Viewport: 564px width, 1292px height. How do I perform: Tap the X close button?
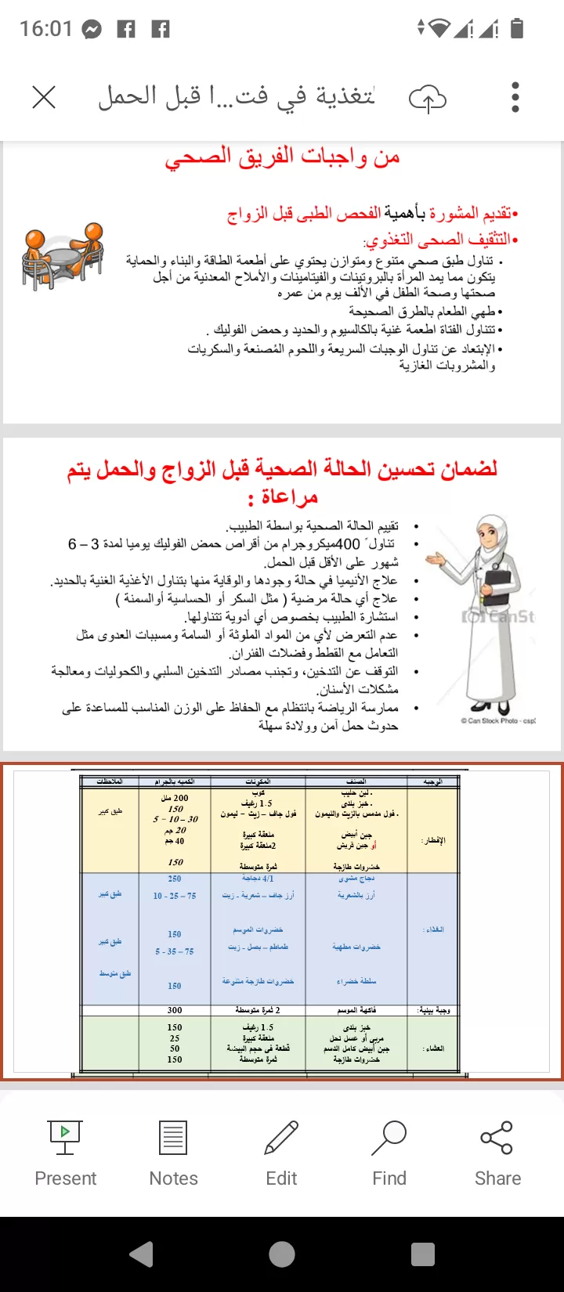coord(44,98)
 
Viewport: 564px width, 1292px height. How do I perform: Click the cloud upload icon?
coord(428,99)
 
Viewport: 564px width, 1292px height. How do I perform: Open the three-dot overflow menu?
coord(515,98)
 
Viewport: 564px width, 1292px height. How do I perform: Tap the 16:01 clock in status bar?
coord(45,29)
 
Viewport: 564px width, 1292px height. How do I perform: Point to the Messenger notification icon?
coord(92,30)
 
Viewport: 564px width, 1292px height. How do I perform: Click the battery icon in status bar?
coord(516,29)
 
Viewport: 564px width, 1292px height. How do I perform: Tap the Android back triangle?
coord(142,1254)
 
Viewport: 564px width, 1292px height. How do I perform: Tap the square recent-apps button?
coord(422,1254)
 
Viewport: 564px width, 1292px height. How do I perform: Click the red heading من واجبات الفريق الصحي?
coord(282,157)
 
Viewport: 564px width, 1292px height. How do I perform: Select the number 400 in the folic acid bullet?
coord(347,543)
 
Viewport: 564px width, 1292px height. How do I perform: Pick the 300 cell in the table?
coord(175,1010)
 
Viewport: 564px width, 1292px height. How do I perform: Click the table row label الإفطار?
coord(433,840)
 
